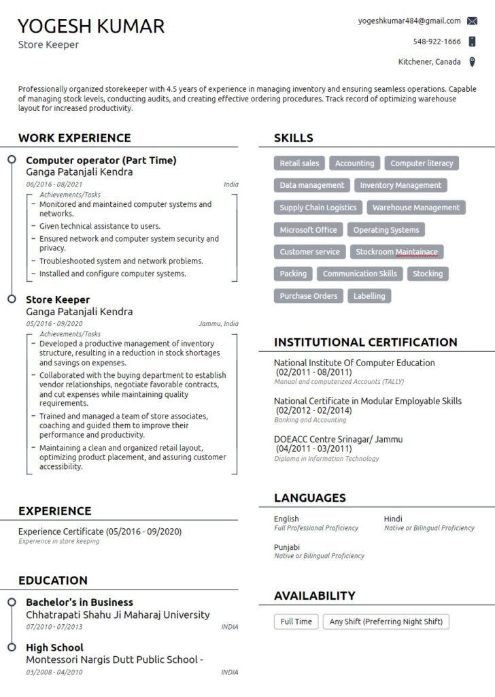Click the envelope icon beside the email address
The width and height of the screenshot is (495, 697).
point(473,21)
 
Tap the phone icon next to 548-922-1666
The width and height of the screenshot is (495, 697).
point(473,42)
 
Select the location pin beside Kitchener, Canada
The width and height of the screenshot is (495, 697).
point(473,62)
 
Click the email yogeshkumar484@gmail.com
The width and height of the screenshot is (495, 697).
point(409,21)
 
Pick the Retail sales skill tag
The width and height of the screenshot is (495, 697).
point(299,163)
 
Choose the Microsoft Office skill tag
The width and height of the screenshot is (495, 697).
point(308,230)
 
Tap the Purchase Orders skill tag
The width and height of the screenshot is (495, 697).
point(308,296)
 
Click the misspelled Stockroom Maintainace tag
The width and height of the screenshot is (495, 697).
point(397,252)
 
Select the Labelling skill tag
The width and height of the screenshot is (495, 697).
point(369,296)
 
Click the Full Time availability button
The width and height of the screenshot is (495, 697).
point(296,621)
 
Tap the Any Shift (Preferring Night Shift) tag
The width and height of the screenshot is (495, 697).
point(386,621)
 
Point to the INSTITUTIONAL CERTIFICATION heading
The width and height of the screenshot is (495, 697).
point(365,342)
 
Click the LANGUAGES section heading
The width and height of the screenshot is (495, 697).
point(309,498)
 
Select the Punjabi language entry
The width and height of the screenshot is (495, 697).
point(287,547)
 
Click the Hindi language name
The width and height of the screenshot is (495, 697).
point(393,519)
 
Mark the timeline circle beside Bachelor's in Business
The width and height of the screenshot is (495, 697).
point(12,602)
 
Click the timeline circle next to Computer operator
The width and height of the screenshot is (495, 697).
point(12,160)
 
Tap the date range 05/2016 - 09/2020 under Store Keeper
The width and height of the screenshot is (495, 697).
point(54,324)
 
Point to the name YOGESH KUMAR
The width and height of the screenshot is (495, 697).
point(91,26)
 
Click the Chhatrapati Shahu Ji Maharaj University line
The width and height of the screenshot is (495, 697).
point(118,615)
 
